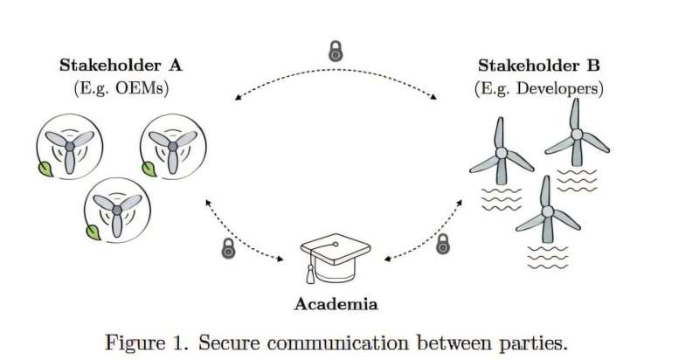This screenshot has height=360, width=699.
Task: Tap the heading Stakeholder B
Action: (x=540, y=66)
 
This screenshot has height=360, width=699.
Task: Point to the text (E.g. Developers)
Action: (x=539, y=88)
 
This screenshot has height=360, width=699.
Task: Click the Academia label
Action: (x=336, y=304)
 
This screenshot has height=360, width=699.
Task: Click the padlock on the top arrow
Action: (x=335, y=51)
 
